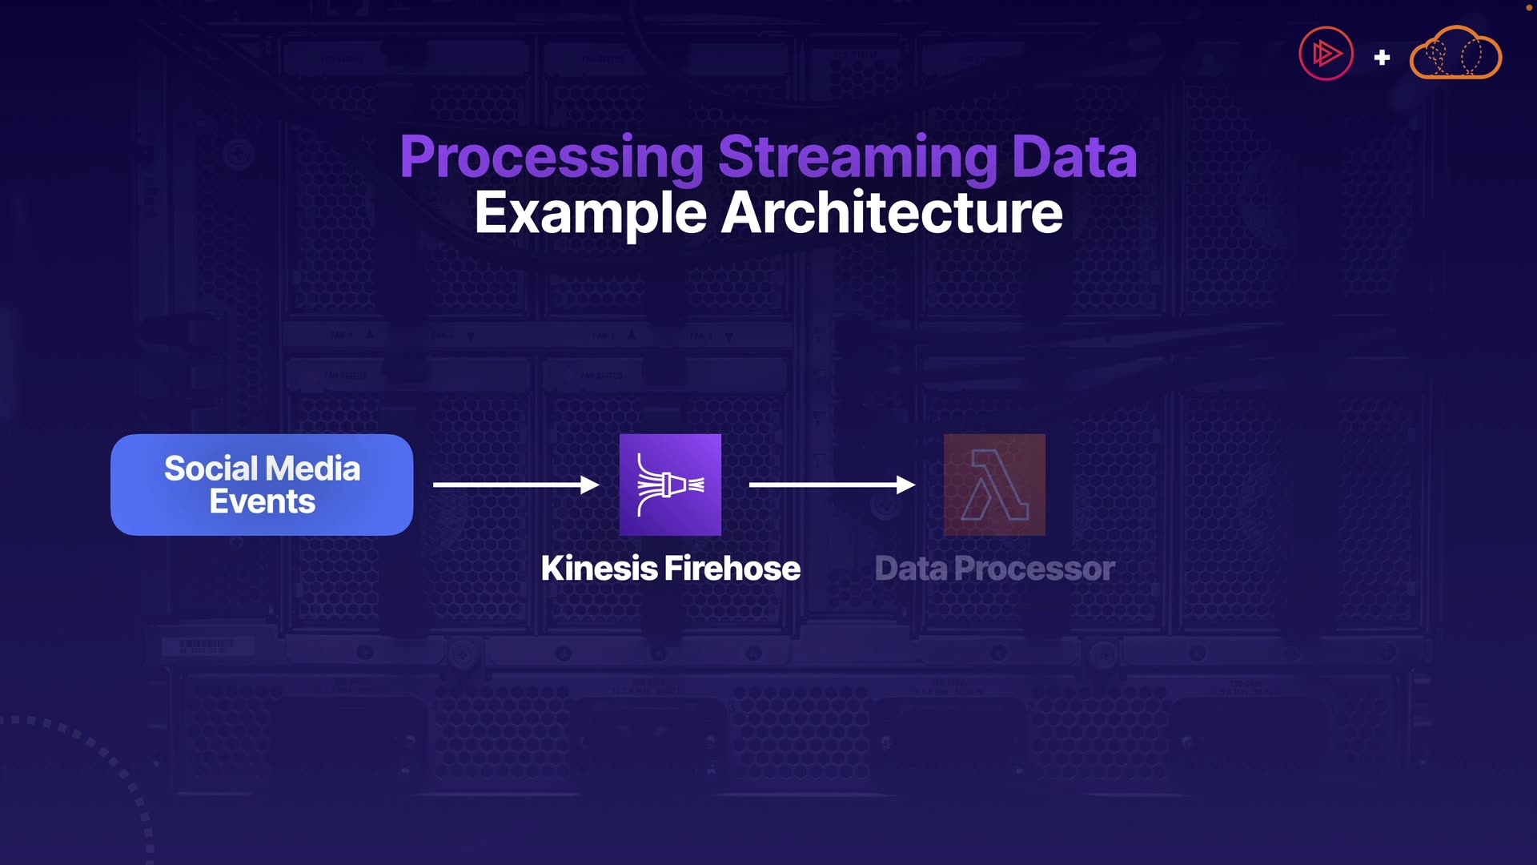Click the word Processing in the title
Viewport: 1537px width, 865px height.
point(552,157)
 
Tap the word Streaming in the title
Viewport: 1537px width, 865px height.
point(857,157)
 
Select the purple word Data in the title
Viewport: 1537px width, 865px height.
point(1073,157)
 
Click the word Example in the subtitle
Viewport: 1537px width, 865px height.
point(590,213)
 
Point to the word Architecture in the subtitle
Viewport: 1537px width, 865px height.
point(892,213)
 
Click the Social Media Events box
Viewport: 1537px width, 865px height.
point(262,485)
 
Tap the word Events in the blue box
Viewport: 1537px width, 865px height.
point(262,502)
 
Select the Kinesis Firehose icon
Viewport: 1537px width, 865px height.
point(670,485)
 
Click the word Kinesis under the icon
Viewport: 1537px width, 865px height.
point(599,569)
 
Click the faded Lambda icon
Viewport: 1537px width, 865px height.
point(994,485)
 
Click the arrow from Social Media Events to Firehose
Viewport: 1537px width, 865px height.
point(516,485)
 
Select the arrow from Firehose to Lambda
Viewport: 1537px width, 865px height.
point(832,485)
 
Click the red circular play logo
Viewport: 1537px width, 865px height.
point(1326,54)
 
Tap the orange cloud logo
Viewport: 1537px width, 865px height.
point(1455,54)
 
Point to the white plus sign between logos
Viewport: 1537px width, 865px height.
point(1382,58)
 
